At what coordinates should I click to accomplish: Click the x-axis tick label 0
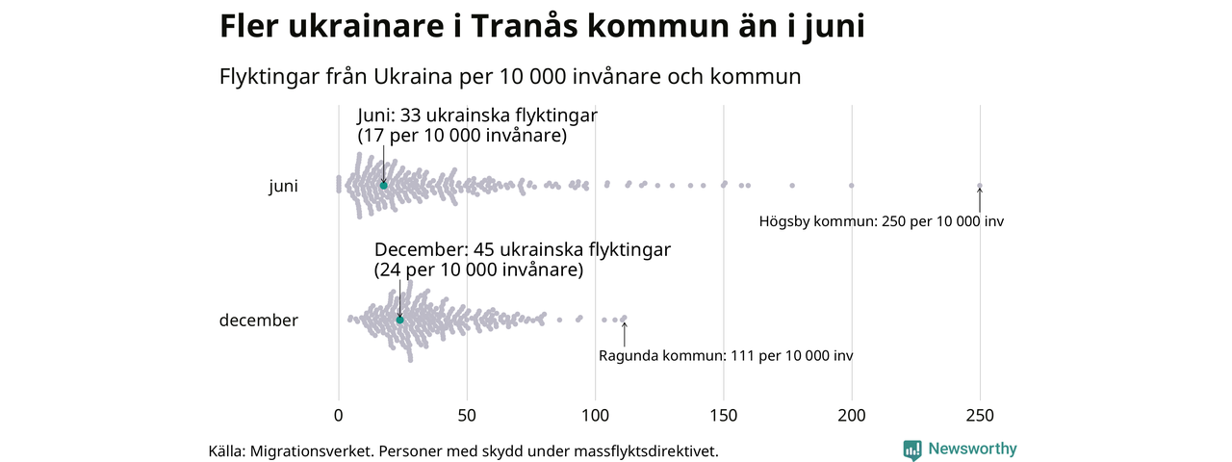[x=338, y=416]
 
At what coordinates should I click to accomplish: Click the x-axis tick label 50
[x=467, y=416]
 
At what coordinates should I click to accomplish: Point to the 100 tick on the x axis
[x=595, y=416]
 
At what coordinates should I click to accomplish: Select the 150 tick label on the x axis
[x=723, y=416]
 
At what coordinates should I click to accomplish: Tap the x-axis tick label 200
[x=852, y=416]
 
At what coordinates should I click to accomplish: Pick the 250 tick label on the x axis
[x=980, y=416]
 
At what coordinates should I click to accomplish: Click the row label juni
[x=283, y=187]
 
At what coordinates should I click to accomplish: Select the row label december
[x=258, y=321]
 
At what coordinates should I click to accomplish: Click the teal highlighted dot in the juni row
[x=383, y=185]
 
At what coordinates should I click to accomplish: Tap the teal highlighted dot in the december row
[x=399, y=320]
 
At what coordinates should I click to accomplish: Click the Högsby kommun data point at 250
[x=980, y=186]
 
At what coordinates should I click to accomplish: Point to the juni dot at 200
[x=852, y=185]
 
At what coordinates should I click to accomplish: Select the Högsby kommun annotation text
[x=881, y=221]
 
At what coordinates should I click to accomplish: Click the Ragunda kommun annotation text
[x=725, y=356]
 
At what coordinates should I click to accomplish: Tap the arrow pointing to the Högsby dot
[x=980, y=199]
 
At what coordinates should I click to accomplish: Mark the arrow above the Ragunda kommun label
[x=625, y=334]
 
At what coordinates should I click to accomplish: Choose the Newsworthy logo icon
[x=912, y=449]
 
